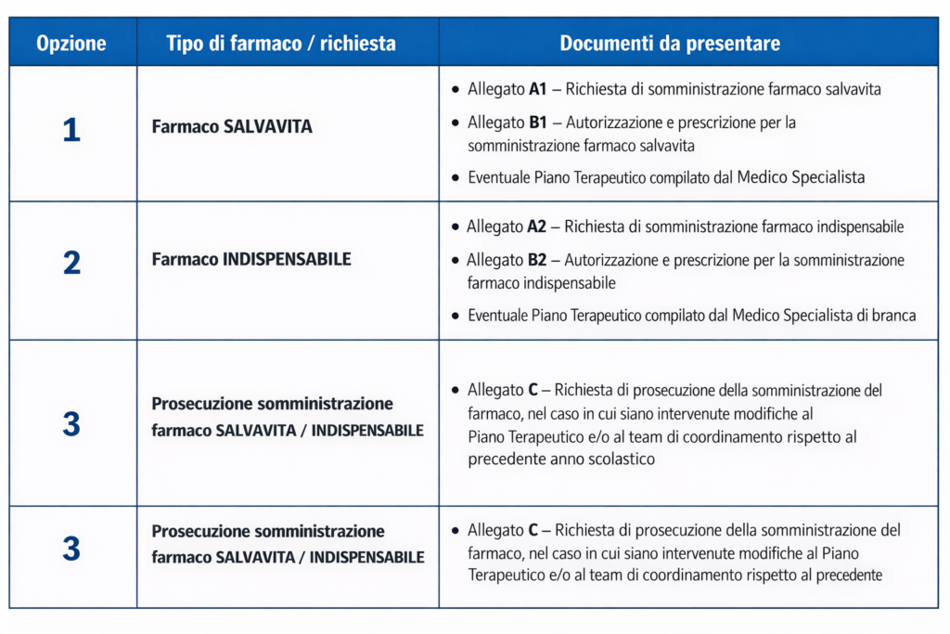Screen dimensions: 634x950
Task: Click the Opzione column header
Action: pos(71,44)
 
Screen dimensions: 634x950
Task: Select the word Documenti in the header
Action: pos(600,44)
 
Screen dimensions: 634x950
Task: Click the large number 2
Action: pos(71,264)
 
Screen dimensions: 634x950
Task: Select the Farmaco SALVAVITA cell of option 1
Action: pos(232,127)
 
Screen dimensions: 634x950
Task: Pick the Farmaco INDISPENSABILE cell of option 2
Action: pos(251,260)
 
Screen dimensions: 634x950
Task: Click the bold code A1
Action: pos(538,90)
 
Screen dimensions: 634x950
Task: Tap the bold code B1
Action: pos(538,123)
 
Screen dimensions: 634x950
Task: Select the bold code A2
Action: pos(536,226)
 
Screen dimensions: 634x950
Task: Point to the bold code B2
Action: pos(536,260)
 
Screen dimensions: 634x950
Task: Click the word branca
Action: pos(892,316)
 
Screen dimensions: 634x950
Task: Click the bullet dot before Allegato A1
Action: pos(455,91)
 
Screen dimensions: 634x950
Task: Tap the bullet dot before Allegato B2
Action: pos(455,261)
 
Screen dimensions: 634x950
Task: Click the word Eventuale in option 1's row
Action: pos(498,177)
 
